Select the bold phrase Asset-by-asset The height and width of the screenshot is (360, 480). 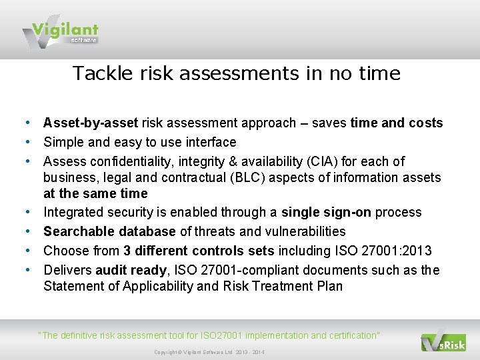coord(91,123)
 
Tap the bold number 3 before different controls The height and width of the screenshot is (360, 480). coord(127,251)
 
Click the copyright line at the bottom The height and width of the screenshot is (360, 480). coord(209,352)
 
